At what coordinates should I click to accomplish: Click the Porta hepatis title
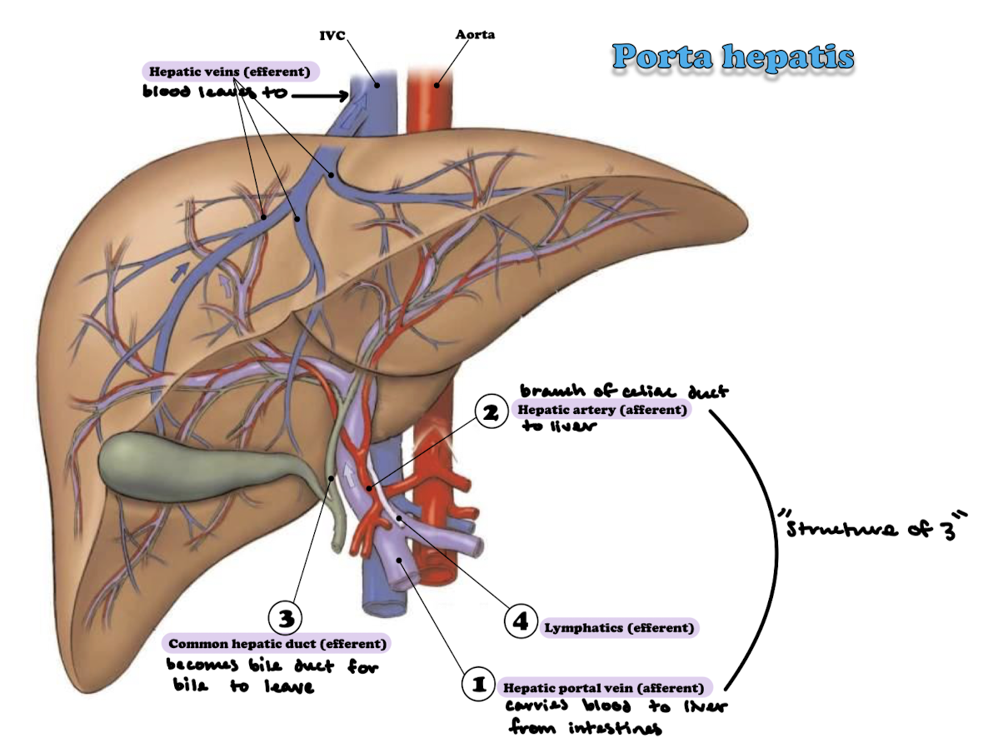pos(733,57)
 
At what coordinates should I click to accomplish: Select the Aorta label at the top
pos(474,35)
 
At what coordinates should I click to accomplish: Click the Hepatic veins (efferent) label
pos(231,72)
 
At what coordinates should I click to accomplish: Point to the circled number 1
pos(479,685)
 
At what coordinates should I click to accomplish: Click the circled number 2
pos(492,411)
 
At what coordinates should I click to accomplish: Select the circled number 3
pos(285,617)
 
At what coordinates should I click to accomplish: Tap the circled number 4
pos(521,622)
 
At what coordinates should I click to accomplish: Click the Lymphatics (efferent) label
pos(620,628)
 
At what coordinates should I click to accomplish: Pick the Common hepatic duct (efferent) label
pos(277,644)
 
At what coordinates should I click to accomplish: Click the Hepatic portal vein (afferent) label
pos(606,688)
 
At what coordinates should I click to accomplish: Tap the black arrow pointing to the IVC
pos(320,96)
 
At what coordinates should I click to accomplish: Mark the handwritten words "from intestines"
pos(584,729)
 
